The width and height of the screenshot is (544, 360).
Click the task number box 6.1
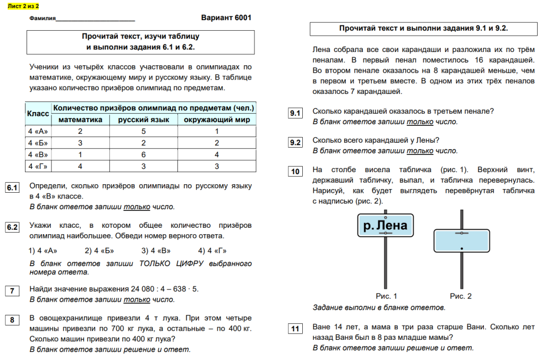point(12,188)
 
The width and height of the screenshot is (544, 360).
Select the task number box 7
point(12,290)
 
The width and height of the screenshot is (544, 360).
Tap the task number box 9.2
point(295,142)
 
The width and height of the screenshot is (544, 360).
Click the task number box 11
point(295,329)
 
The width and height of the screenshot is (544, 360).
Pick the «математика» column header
point(80,119)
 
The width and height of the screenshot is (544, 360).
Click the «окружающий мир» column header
point(217,119)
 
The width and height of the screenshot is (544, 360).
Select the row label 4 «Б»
point(38,143)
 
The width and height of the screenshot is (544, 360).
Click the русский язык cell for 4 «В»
point(143,155)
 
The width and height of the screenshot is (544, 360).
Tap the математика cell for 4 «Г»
point(80,167)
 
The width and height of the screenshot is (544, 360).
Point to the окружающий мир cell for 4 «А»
point(217,131)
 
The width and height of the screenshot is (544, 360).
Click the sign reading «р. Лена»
point(385,226)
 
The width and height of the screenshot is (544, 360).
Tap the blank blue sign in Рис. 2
point(461,241)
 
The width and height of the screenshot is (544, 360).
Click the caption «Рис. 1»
point(386,296)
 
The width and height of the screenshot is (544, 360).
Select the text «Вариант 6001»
point(226,18)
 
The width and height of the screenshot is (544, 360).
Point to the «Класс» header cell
point(38,114)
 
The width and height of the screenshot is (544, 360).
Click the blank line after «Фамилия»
point(96,19)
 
